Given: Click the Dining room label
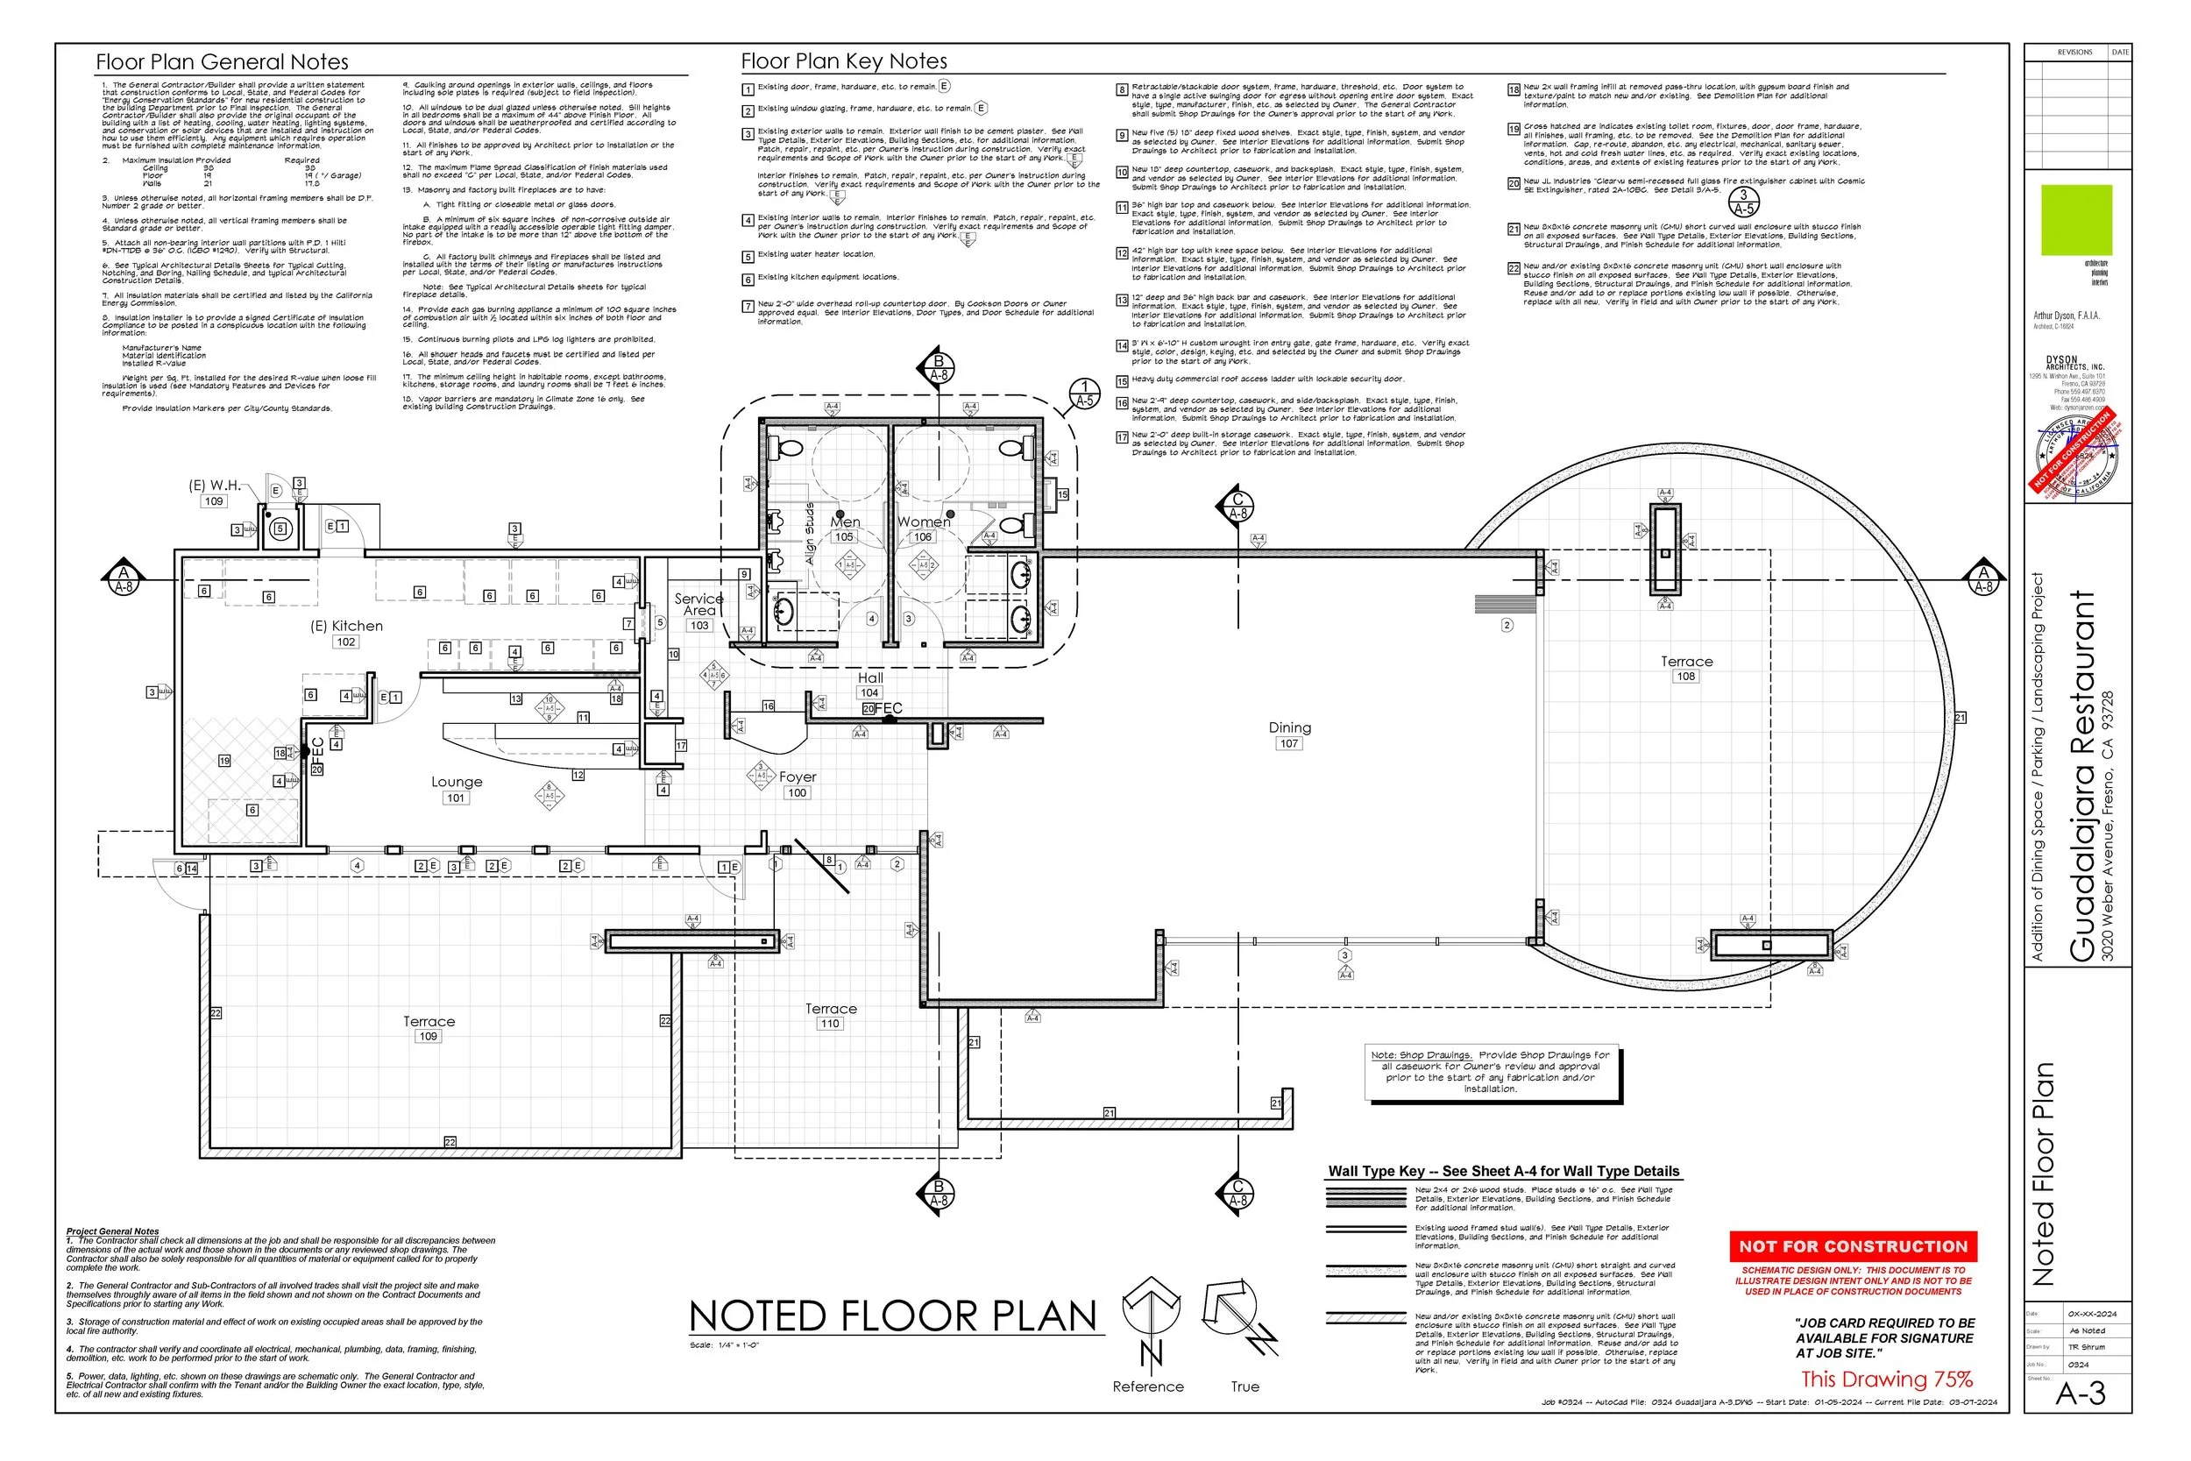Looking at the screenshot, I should [x=1289, y=727].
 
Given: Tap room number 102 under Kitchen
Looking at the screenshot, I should [x=345, y=642].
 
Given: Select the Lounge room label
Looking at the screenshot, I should [x=457, y=782].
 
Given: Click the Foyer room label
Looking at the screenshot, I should [x=798, y=777].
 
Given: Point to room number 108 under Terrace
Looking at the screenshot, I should [x=1685, y=677].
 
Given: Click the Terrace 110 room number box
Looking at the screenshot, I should [x=829, y=1023].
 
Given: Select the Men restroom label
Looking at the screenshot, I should [x=845, y=521].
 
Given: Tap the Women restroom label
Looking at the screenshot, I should [x=923, y=521].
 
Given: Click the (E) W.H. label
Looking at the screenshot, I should [x=214, y=486].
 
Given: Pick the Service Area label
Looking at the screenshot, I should [x=698, y=604].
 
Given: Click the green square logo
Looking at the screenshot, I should [x=2076, y=220].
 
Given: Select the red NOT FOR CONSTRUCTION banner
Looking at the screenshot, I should [x=1852, y=1246].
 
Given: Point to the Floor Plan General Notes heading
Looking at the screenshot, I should [x=222, y=62].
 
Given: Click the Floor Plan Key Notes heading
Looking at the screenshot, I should [x=843, y=61].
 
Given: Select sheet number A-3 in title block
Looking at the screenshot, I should [x=2081, y=1394].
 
